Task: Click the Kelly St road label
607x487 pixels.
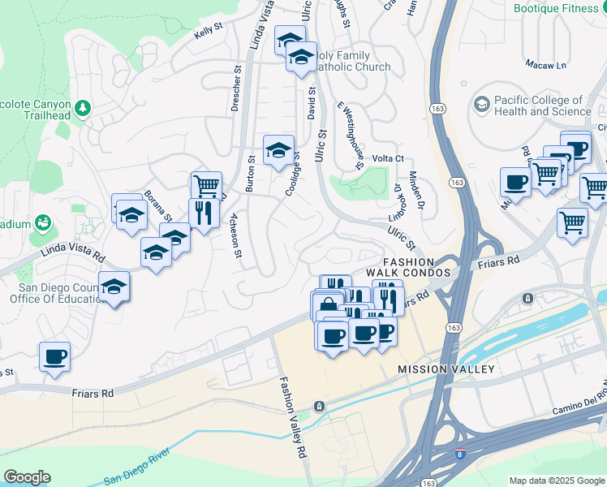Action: tap(209, 33)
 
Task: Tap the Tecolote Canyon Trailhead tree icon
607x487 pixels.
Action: tap(82, 107)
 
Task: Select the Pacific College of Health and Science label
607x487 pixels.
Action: tap(542, 106)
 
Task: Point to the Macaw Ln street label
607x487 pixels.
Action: tap(546, 64)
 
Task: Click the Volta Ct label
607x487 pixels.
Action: tap(387, 159)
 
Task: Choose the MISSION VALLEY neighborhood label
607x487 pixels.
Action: tap(446, 369)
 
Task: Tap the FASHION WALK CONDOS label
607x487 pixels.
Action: tap(416, 268)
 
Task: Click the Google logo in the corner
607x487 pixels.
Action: tap(27, 477)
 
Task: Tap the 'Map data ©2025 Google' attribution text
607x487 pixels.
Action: tap(557, 481)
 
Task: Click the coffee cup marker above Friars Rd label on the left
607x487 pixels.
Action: tap(54, 356)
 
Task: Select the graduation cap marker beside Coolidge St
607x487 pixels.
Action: tap(278, 149)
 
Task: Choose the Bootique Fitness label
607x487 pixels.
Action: tap(559, 8)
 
